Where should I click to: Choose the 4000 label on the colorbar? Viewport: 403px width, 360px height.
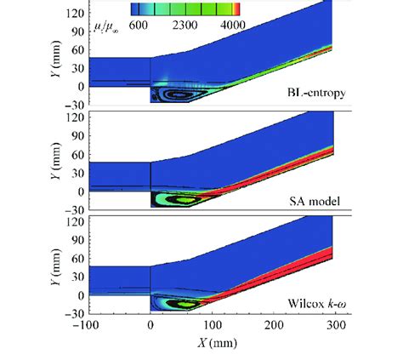coord(231,26)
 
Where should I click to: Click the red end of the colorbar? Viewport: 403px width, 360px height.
coord(237,9)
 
